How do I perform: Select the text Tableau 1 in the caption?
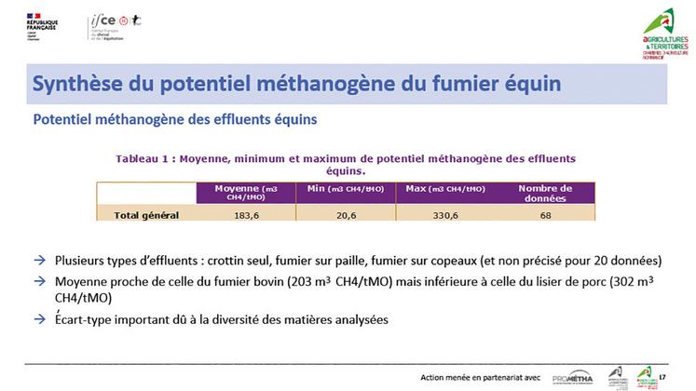[147, 159]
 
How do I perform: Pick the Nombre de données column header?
[545, 193]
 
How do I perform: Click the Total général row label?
[145, 215]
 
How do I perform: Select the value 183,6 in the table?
[246, 215]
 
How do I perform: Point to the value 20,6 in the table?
[346, 215]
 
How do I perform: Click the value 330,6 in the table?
[445, 215]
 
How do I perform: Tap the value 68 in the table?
[545, 215]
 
